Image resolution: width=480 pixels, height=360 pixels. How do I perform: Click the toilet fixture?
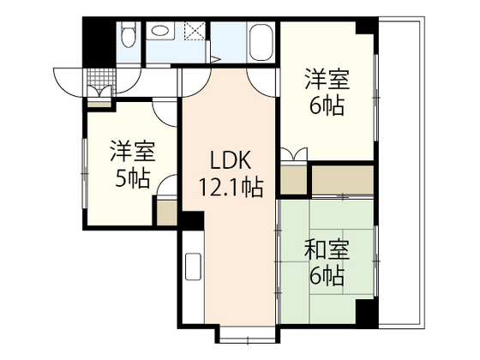(x=128, y=37)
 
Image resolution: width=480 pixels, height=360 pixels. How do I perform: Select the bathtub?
(x=261, y=41)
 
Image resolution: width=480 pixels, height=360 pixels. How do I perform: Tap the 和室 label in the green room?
(x=327, y=251)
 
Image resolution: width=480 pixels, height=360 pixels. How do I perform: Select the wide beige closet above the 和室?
(x=343, y=178)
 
